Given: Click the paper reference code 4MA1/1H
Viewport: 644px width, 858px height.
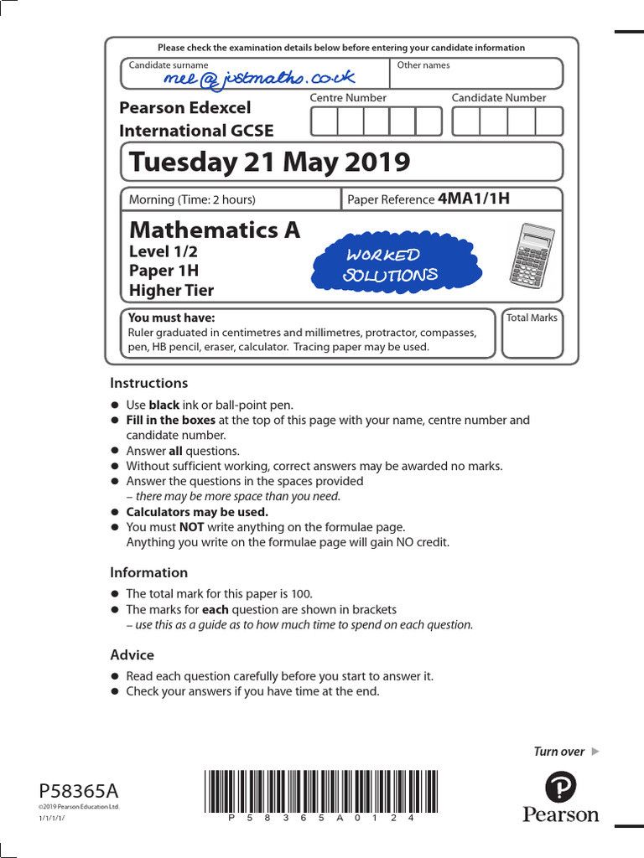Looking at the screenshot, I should coord(474,199).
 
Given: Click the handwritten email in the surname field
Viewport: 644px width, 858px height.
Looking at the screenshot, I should coord(260,78).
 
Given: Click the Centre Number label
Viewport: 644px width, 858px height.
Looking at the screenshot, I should coord(348,98).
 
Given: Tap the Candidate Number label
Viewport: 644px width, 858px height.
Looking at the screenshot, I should coord(498,98).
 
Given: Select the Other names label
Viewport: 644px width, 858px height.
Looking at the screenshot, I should coord(423,65).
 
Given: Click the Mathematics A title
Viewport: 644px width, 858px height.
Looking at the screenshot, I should coord(214,230).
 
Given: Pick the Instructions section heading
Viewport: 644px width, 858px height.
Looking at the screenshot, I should coord(148,383).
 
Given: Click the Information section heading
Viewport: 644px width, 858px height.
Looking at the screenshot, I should coord(148,572).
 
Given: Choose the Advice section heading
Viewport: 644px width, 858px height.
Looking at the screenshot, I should coord(132,654).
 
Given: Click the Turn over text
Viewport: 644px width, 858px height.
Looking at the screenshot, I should coord(559,752).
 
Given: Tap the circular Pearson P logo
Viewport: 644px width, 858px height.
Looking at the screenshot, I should coord(560,788).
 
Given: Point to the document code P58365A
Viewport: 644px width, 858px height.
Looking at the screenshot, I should coord(79,791).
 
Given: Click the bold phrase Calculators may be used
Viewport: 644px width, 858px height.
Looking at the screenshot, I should coord(197,512).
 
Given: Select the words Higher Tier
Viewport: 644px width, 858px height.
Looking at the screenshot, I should coord(171,291).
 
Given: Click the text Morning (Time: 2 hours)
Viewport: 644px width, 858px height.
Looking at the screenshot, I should coord(192,199).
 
